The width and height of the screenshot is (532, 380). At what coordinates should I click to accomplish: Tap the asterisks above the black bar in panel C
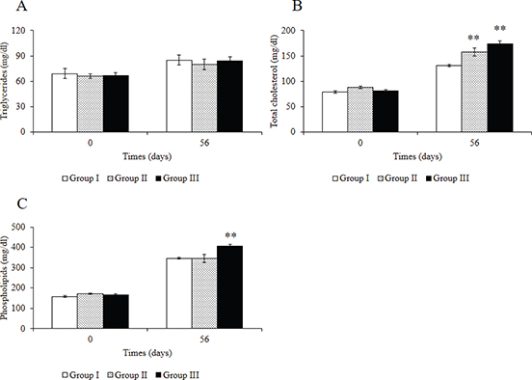pos(230,234)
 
